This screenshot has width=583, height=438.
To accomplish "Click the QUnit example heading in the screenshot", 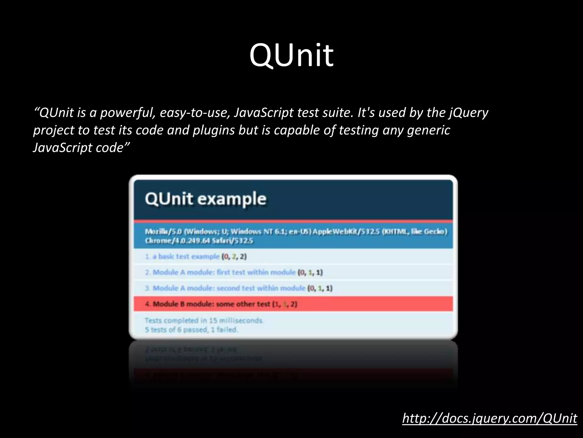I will click(x=206, y=199).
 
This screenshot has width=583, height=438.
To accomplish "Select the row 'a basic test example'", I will click(x=182, y=257).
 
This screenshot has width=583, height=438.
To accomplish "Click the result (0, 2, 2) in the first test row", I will click(x=234, y=257).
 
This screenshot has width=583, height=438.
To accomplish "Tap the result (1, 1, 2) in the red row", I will click(x=284, y=304).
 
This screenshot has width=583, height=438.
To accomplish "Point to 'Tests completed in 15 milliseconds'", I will click(x=204, y=321).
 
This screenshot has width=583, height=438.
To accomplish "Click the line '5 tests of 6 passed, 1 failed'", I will click(x=191, y=330).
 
